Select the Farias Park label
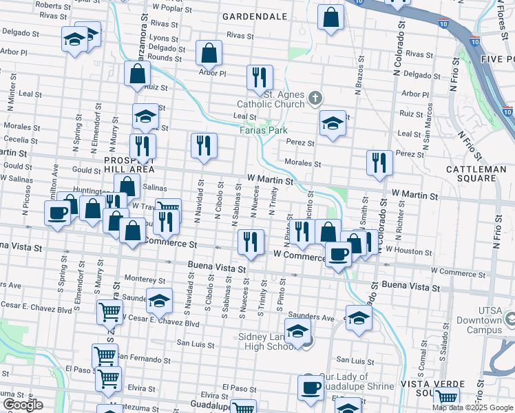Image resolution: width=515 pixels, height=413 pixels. click(x=263, y=129)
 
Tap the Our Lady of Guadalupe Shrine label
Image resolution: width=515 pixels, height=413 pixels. click(x=357, y=381)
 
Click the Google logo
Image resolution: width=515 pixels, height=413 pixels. click(x=23, y=405)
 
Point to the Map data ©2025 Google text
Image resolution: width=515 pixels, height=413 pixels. click(x=473, y=407)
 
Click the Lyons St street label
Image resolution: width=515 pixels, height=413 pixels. click(x=163, y=38)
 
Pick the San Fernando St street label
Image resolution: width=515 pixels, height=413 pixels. click(x=144, y=359)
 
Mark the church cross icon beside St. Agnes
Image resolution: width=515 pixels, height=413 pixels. click(x=315, y=98)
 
